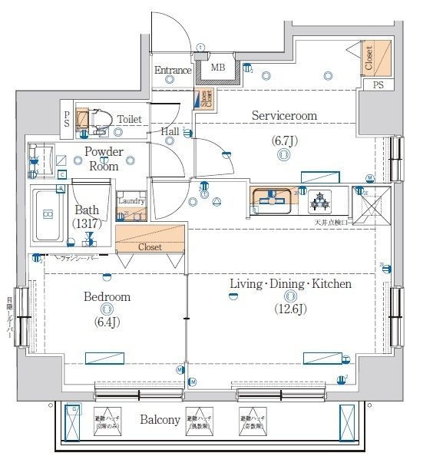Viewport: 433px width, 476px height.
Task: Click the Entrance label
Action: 173,71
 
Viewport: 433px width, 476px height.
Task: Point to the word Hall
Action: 170,131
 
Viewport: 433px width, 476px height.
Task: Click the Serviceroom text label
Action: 284,116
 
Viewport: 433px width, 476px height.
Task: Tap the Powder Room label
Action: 104,159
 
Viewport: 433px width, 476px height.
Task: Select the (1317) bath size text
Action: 87,223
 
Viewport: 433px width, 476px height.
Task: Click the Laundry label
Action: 130,201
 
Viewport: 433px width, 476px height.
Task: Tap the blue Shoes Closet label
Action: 205,99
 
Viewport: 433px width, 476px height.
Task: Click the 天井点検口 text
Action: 332,223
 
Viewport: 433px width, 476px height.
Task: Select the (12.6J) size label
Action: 290,309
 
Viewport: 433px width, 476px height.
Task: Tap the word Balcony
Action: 160,420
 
